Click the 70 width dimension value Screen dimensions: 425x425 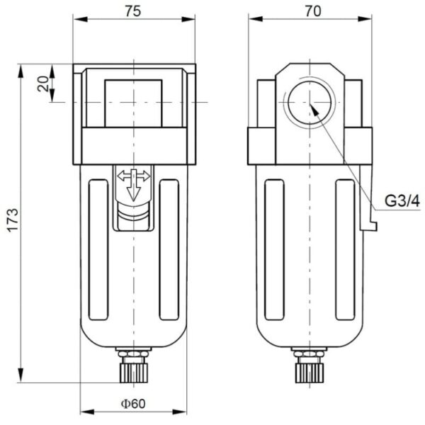point(311,11)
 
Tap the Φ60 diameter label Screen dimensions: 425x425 point(133,404)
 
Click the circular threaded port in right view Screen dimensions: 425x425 point(310,103)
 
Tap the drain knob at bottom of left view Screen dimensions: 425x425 point(134,367)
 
